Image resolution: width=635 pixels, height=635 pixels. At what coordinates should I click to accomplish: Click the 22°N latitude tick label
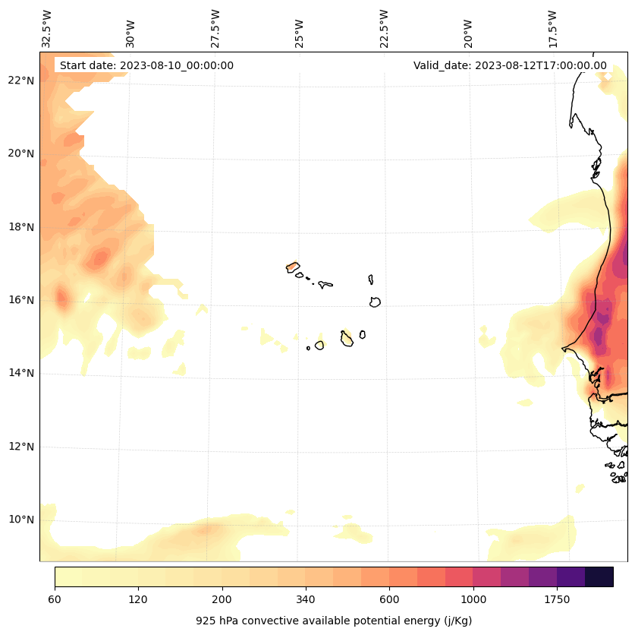click(20, 81)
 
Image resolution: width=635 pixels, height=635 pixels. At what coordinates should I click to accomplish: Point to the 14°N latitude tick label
click(20, 373)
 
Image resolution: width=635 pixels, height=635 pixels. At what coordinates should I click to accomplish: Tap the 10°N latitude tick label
click(20, 520)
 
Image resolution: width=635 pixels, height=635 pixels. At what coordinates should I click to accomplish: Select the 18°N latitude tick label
click(20, 226)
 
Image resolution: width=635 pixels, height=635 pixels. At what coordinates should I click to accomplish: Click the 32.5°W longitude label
click(47, 29)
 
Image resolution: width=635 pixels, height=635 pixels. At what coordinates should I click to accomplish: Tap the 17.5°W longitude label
click(552, 29)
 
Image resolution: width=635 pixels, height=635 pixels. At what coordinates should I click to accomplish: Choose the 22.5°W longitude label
click(384, 29)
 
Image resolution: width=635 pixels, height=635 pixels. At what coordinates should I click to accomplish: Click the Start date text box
click(146, 65)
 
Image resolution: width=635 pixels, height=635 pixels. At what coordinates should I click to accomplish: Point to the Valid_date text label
click(510, 65)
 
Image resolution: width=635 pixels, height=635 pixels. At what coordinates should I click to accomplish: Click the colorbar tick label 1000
click(473, 600)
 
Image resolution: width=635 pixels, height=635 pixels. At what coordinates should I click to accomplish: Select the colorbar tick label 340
click(305, 600)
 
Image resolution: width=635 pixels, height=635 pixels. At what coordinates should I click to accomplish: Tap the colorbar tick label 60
click(55, 600)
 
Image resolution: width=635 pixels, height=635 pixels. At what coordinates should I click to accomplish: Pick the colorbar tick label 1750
click(557, 600)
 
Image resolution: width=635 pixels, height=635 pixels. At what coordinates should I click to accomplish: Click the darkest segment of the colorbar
click(599, 577)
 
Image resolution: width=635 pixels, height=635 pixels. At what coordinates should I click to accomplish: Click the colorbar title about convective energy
click(334, 621)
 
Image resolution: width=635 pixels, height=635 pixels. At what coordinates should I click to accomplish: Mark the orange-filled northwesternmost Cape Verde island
click(292, 267)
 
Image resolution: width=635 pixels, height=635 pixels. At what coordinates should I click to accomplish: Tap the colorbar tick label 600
click(389, 600)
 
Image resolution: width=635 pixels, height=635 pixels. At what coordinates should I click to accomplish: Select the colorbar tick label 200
click(222, 600)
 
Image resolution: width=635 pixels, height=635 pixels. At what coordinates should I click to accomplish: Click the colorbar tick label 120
click(138, 600)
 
